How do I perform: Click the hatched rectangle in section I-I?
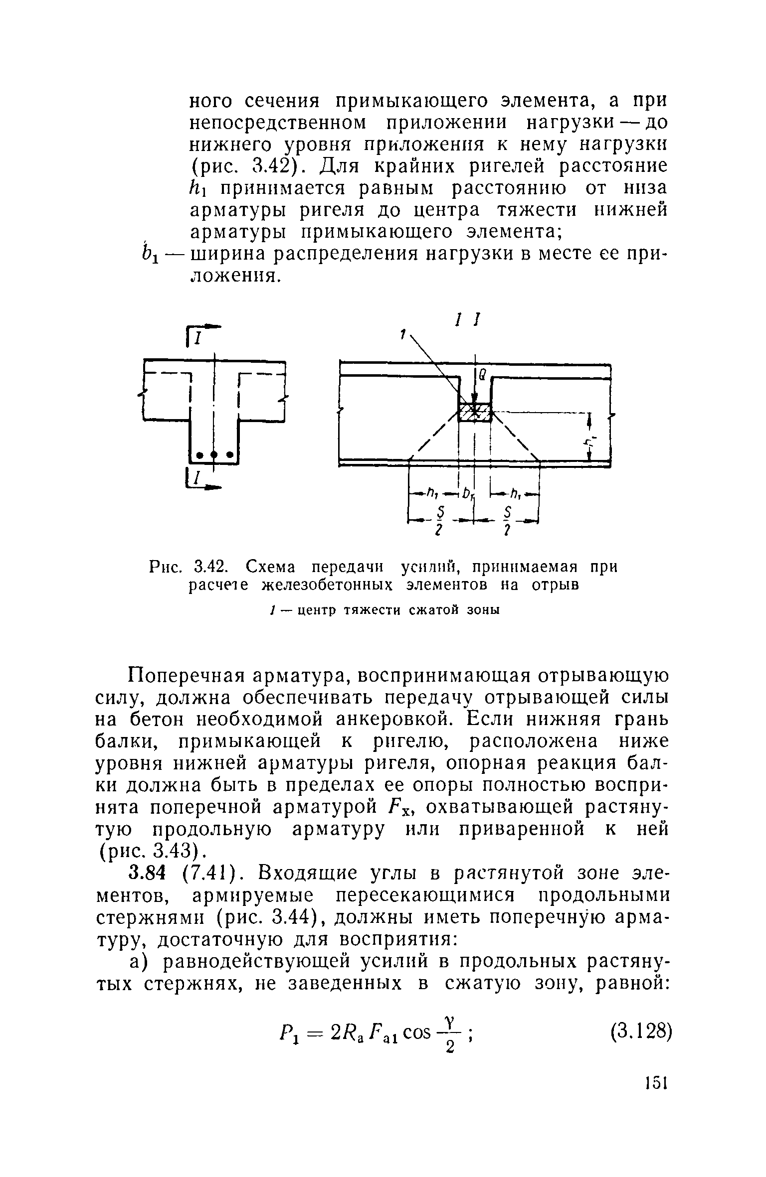[475, 412]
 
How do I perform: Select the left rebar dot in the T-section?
[199, 454]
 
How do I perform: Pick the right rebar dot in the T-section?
[229, 454]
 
